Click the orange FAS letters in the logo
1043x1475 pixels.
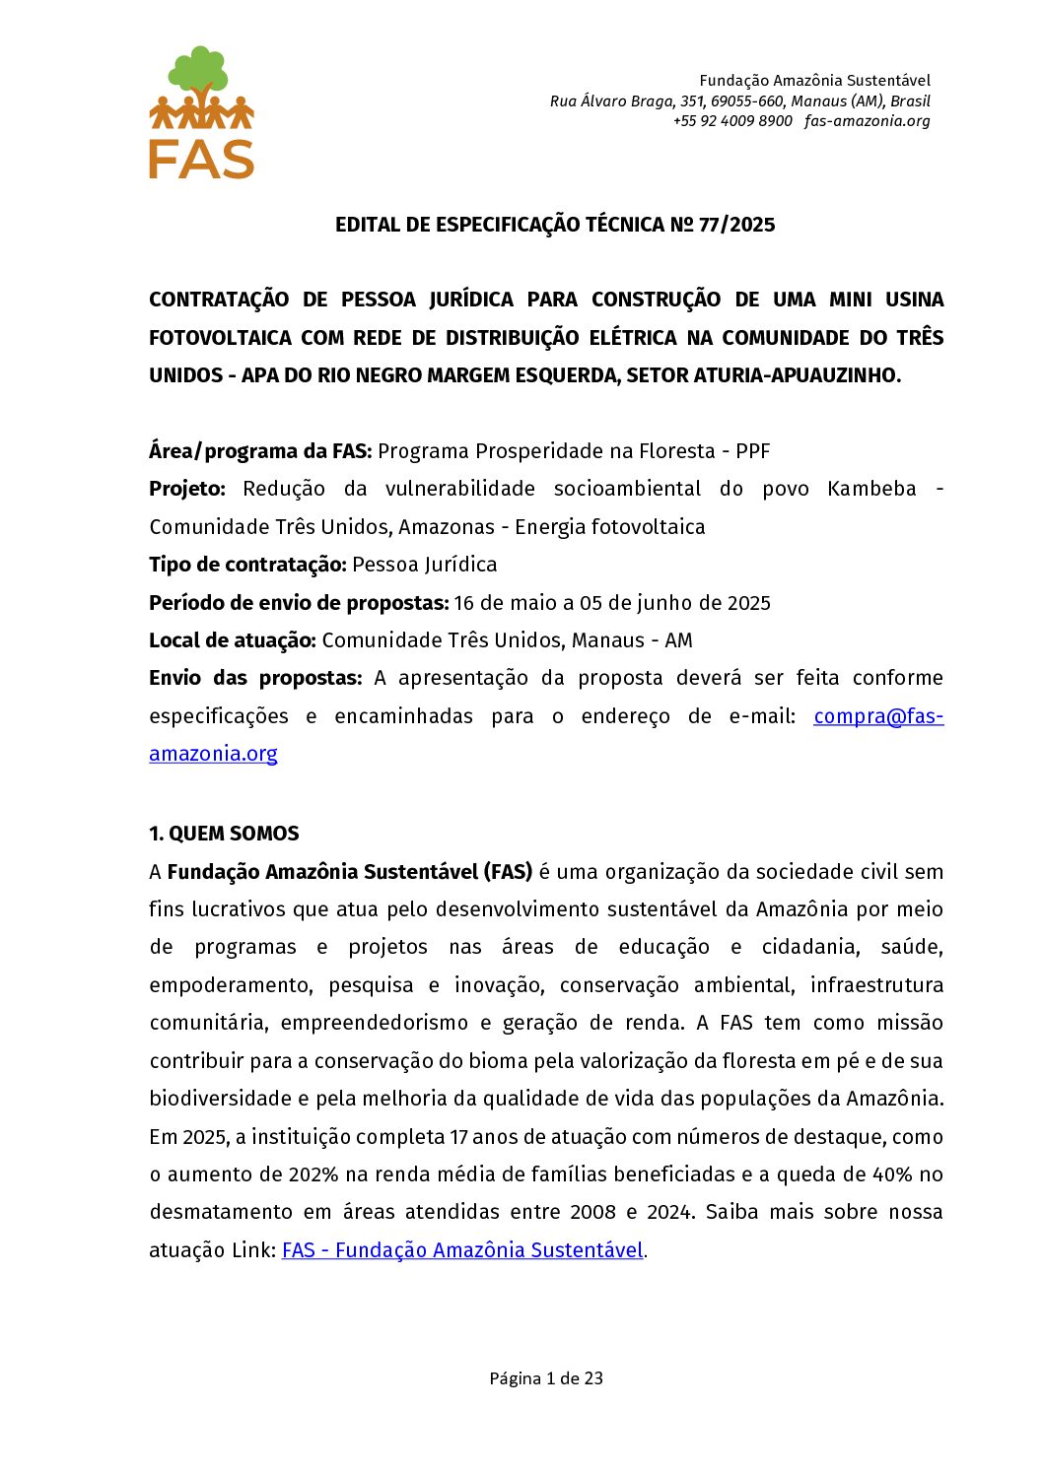click(201, 159)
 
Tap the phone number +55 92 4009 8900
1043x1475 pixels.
click(732, 121)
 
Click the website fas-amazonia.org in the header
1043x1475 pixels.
click(867, 121)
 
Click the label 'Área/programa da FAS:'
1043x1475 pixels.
click(260, 451)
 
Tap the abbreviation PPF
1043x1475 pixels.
click(752, 451)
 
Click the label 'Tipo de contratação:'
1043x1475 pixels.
click(247, 565)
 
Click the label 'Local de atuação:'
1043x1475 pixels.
click(233, 640)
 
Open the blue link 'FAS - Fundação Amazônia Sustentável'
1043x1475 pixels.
click(462, 1250)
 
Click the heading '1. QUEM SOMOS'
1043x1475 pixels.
click(224, 834)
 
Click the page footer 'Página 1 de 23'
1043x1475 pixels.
click(546, 1378)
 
